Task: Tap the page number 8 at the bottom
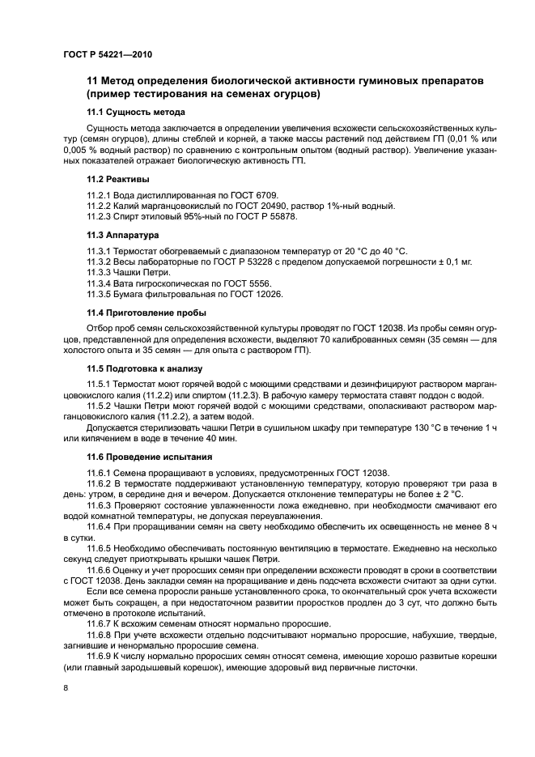coord(66,687)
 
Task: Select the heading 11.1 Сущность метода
coord(136,112)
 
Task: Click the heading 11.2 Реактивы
coord(122,179)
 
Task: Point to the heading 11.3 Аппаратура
coord(129,235)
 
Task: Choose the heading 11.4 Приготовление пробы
coord(146,313)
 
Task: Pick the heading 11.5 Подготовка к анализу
coord(145,368)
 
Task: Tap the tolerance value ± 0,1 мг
coord(454,262)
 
